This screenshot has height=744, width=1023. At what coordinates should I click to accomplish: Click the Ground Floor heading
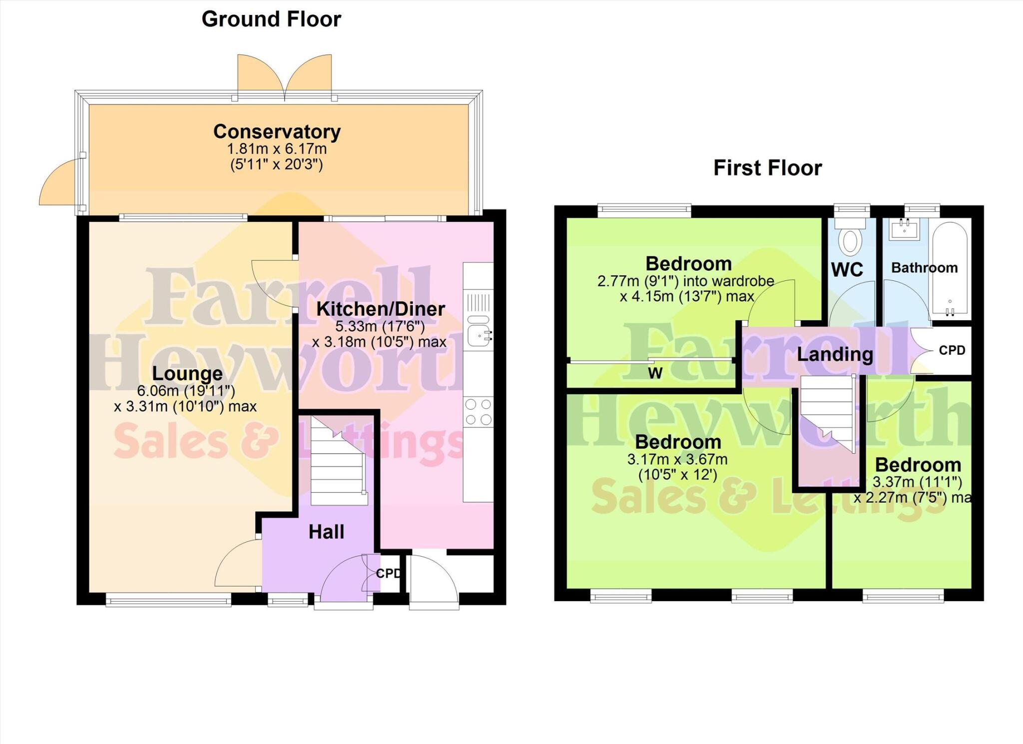(x=271, y=19)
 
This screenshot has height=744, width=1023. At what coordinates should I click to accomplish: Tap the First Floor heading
(x=767, y=168)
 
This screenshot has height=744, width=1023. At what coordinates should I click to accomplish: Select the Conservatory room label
(x=277, y=131)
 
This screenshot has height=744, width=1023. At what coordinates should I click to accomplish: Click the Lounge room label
(x=187, y=373)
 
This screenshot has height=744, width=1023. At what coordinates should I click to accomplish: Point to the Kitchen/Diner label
(x=380, y=309)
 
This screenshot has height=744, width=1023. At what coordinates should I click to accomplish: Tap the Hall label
(x=326, y=532)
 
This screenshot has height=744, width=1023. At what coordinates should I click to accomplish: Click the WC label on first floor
(x=847, y=270)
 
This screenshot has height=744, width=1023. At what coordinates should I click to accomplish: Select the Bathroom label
(x=924, y=268)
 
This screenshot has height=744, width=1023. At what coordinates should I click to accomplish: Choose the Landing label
(x=835, y=354)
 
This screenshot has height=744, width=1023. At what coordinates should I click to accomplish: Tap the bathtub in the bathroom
(x=950, y=270)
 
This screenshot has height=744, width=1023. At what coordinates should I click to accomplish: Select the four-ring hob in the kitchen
(x=478, y=412)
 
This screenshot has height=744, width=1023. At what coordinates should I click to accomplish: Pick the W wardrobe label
(x=655, y=373)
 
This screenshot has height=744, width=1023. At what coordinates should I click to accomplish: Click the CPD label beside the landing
(x=952, y=350)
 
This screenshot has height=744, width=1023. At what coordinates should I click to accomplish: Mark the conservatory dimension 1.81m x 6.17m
(x=277, y=149)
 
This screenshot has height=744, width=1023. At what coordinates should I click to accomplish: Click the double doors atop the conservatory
(x=284, y=77)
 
